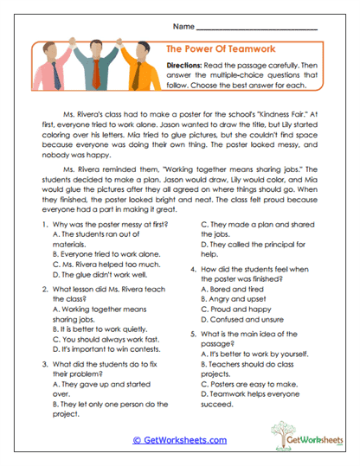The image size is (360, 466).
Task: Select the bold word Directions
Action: pos(186,67)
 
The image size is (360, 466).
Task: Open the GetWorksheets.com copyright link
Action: pos(180,439)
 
